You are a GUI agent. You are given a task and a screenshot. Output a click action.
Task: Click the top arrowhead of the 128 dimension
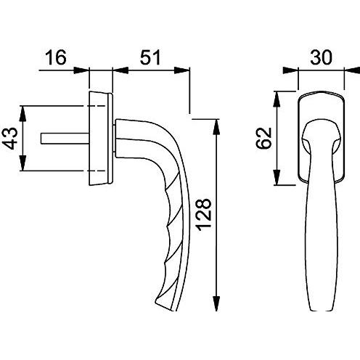[x=217, y=124]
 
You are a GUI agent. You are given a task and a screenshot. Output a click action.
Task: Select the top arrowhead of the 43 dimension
[x=25, y=109]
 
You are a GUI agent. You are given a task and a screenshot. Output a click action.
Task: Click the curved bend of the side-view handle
[x=160, y=134]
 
